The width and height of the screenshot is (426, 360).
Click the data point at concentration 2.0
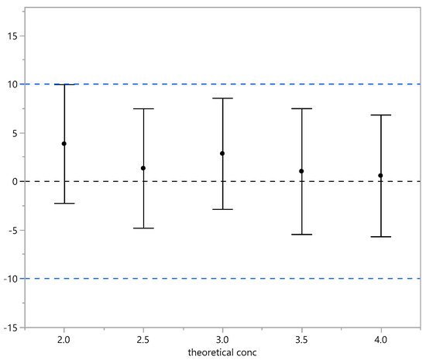(64, 143)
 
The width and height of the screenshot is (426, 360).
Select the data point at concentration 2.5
(143, 168)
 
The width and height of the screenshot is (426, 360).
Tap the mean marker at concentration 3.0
(222, 153)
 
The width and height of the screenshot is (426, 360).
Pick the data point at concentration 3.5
(301, 171)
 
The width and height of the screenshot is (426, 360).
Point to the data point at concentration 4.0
(380, 176)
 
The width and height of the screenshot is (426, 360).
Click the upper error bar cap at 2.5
(143, 108)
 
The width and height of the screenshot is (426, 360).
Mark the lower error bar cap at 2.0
(64, 203)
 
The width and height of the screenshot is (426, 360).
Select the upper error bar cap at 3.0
(222, 98)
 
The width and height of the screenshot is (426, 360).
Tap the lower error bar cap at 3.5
(301, 234)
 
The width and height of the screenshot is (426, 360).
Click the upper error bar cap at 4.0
(380, 115)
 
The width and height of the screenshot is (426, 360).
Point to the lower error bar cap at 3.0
(222, 209)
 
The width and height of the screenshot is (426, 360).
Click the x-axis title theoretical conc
(222, 352)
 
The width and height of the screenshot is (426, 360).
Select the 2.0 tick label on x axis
(64, 339)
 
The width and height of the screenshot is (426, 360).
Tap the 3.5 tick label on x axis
(301, 339)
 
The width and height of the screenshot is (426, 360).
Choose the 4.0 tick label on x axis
(380, 339)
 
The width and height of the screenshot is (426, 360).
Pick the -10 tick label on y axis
(12, 279)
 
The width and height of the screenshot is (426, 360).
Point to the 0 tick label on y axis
(17, 181)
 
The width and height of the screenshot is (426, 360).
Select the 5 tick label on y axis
(17, 132)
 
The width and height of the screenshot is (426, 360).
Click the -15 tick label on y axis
(12, 327)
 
